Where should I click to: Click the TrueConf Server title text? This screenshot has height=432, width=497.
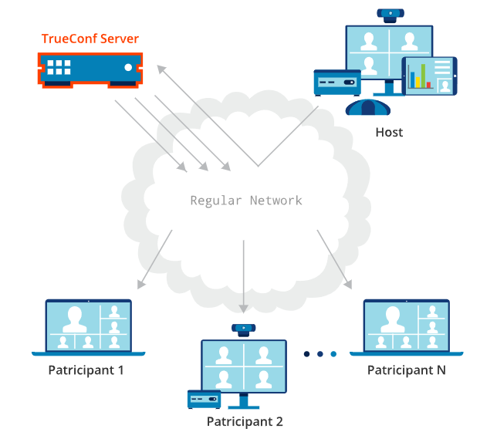pos(90,39)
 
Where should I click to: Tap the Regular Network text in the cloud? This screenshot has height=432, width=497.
pos(246,201)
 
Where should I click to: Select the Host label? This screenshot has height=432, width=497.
pos(389,133)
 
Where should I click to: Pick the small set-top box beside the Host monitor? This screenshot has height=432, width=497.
pos(337,82)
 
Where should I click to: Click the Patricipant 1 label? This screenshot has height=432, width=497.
pos(86,370)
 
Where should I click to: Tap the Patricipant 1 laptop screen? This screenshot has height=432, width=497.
pos(89,326)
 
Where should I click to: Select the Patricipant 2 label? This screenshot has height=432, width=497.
pos(245,421)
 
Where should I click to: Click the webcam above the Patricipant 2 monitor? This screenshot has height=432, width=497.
pos(243,329)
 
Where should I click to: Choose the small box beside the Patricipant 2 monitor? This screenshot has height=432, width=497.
pos(205,399)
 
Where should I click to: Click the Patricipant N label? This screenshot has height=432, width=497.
pos(406,370)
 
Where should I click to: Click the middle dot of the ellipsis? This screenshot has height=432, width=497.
pos(319,354)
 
